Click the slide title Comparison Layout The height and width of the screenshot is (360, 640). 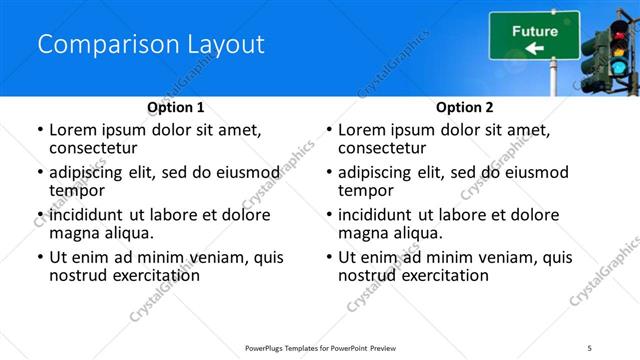pyautogui.click(x=151, y=45)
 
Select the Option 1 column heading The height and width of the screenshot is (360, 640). pyautogui.click(x=175, y=107)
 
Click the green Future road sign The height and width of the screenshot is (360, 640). pyautogui.click(x=534, y=35)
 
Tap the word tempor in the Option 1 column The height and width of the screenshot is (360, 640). pyautogui.click(x=77, y=190)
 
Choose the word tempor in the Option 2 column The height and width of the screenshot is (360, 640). pyautogui.click(x=366, y=190)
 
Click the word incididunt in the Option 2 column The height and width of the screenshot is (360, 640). pyautogui.click(x=379, y=215)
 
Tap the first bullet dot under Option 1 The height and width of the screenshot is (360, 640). pyautogui.click(x=39, y=130)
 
